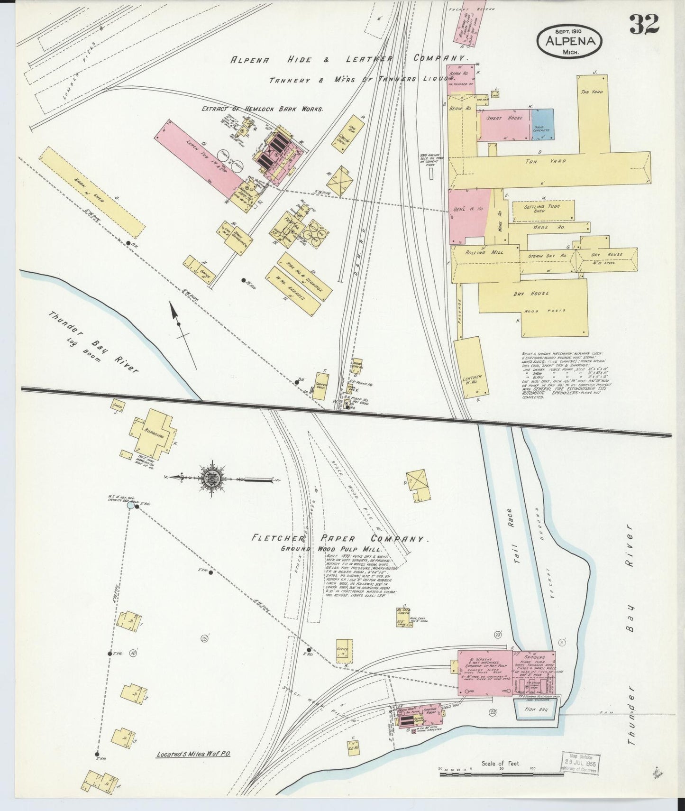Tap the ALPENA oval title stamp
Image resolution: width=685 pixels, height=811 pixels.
pyautogui.click(x=570, y=41)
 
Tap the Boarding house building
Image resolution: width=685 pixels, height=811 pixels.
pyautogui.click(x=155, y=434)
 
